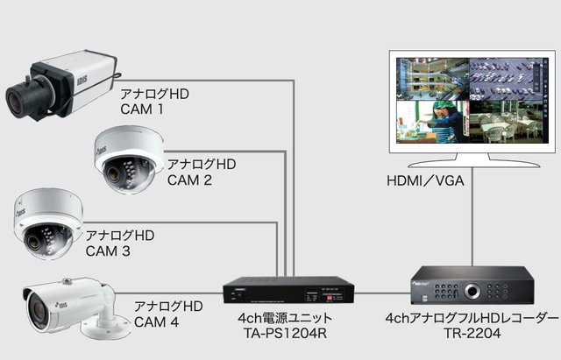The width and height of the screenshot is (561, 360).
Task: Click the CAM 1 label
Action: pyautogui.click(x=141, y=109)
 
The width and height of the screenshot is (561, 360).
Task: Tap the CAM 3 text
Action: pyautogui.click(x=108, y=251)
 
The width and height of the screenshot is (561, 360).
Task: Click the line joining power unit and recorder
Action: pyautogui.click(x=380, y=291)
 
